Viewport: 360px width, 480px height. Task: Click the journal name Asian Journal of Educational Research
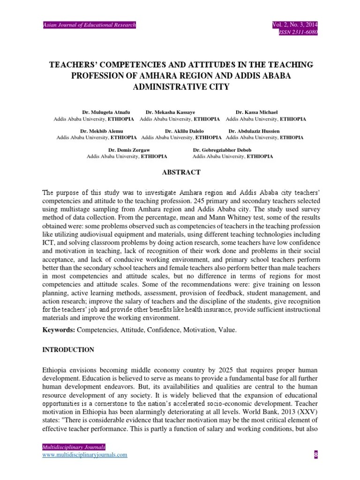(89, 24)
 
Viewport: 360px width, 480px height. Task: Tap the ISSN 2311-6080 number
(298, 32)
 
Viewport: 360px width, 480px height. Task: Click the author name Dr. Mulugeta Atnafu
(106, 112)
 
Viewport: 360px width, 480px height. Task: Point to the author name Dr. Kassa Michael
(256, 112)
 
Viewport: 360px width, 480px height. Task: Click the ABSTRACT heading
(181, 172)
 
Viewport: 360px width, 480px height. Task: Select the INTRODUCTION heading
(68, 350)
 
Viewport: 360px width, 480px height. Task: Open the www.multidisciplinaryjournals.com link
(84, 455)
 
